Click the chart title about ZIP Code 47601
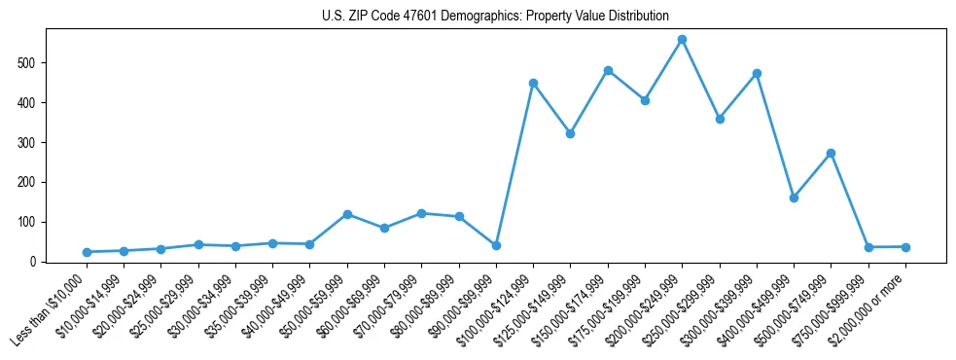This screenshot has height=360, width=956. coord(495,17)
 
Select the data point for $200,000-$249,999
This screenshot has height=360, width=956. coord(682,40)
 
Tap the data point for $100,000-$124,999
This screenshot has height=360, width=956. coord(533,83)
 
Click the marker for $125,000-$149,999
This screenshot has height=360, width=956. coord(570,133)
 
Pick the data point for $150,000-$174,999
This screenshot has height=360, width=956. coord(608,70)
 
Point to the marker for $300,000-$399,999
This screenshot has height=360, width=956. coord(757,73)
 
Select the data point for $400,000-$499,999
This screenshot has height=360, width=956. coord(794,198)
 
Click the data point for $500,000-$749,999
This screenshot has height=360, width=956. coord(831,153)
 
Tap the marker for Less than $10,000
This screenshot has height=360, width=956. coord(87,252)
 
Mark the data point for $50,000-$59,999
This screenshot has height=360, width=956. coord(347,214)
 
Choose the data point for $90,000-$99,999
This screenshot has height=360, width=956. coord(496,245)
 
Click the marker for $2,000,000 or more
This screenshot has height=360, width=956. coord(905,247)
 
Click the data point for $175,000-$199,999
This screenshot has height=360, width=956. coord(645,100)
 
